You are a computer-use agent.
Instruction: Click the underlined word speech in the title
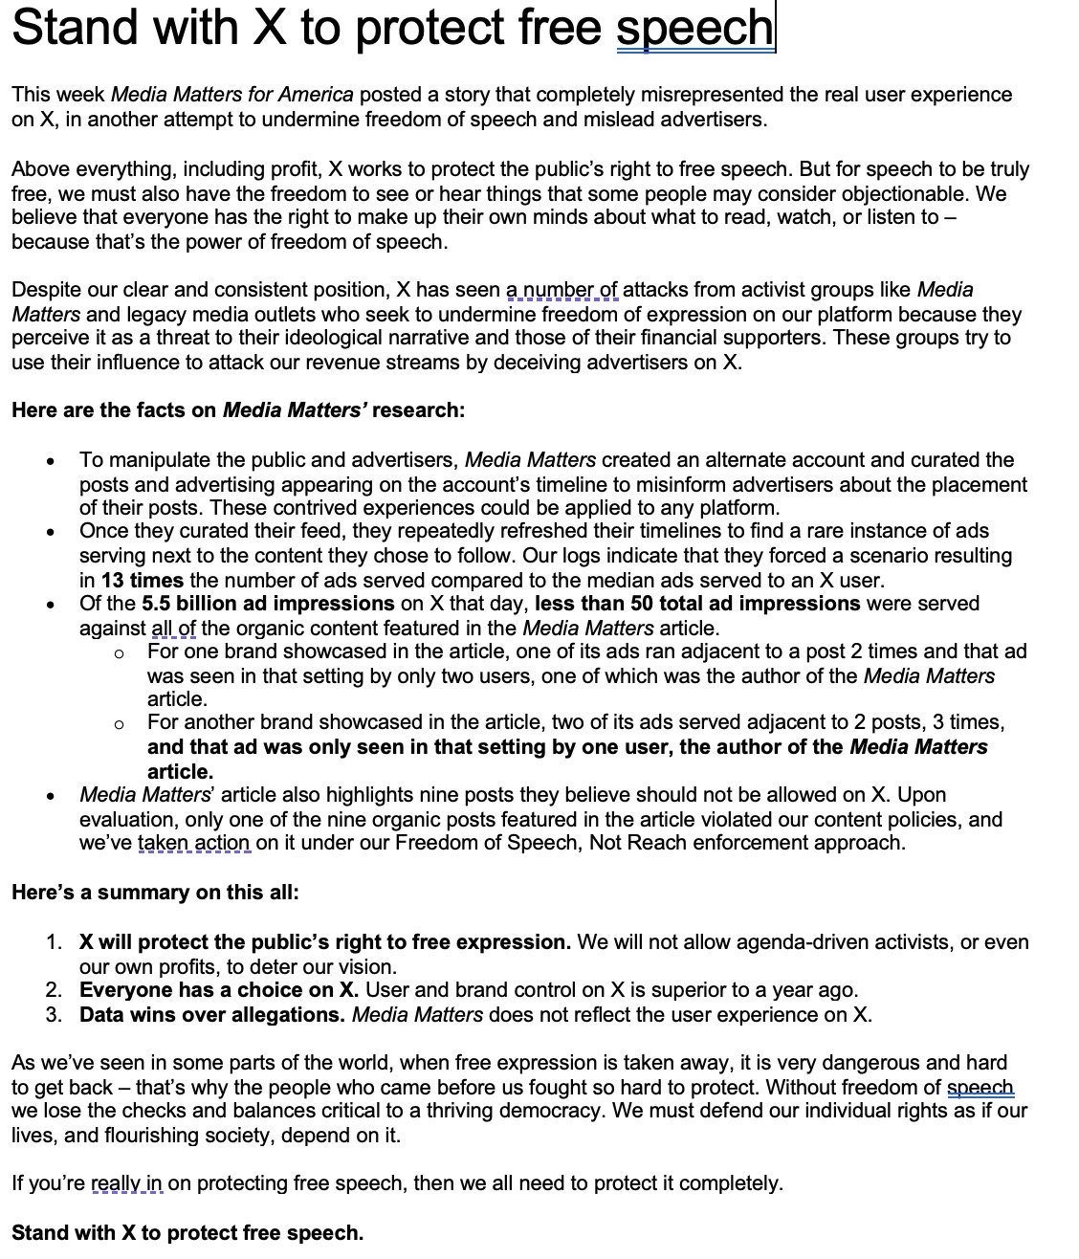point(694,28)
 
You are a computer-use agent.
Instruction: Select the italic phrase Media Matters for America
point(232,95)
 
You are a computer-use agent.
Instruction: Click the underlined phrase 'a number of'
point(562,290)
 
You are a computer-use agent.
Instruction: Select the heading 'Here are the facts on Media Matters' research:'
point(238,411)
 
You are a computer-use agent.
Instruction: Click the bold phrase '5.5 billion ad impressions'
point(268,604)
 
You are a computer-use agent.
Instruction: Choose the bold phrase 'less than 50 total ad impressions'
point(697,604)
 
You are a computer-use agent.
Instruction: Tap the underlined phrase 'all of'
point(174,629)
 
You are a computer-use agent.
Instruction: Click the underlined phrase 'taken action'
point(194,843)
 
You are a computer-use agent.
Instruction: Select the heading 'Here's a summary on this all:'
point(155,893)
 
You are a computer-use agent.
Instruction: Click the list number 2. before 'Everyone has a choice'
point(55,990)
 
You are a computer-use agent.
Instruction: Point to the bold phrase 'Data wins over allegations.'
point(212,1015)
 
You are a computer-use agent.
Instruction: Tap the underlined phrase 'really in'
point(127,1184)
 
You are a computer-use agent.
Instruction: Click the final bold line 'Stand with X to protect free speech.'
point(187,1233)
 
